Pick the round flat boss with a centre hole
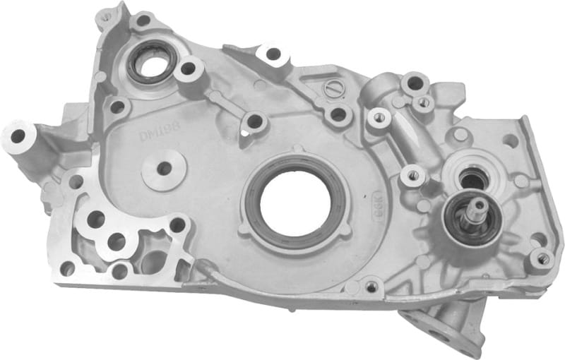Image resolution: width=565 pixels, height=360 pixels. (x=164, y=169)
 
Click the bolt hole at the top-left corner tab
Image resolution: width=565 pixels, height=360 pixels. (x=107, y=16)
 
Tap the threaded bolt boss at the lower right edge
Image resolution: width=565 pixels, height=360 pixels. (x=542, y=259)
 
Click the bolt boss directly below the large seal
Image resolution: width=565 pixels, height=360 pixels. (x=371, y=286)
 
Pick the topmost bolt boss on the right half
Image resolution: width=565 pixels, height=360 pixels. (x=415, y=83)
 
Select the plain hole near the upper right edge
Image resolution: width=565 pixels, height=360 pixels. (x=510, y=139)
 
